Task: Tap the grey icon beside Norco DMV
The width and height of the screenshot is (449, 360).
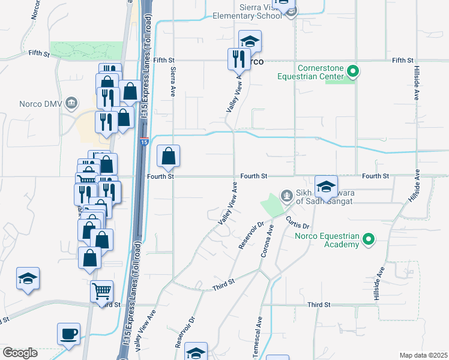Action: pos(71,103)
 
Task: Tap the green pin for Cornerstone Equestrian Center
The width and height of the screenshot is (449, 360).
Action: pos(353,73)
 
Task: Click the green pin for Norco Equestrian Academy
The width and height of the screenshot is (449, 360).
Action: pos(369,241)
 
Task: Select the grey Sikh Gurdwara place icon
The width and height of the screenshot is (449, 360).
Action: pos(288,196)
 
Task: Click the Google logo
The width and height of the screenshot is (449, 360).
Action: pos(20,352)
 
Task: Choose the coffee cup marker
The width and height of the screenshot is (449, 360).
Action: pos(68,333)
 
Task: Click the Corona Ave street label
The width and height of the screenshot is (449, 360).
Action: pos(266,242)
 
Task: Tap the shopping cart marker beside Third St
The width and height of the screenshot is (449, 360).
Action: pos(101,292)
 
